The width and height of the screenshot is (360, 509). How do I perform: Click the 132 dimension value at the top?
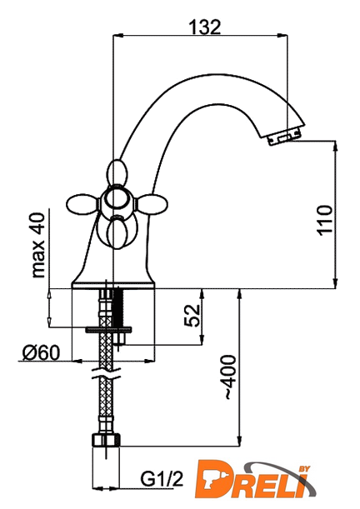click(204, 27)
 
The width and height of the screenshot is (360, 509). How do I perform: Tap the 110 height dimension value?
click(325, 221)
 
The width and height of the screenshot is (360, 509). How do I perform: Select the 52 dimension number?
click(192, 315)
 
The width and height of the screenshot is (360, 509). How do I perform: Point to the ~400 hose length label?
click(230, 377)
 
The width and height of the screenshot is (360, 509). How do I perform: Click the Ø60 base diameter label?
click(41, 352)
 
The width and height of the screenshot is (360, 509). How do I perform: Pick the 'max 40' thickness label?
click(38, 246)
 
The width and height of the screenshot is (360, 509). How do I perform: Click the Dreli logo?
click(256, 482)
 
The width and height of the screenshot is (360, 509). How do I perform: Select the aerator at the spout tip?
click(283, 138)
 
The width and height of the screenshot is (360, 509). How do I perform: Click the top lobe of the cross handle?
click(115, 172)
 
